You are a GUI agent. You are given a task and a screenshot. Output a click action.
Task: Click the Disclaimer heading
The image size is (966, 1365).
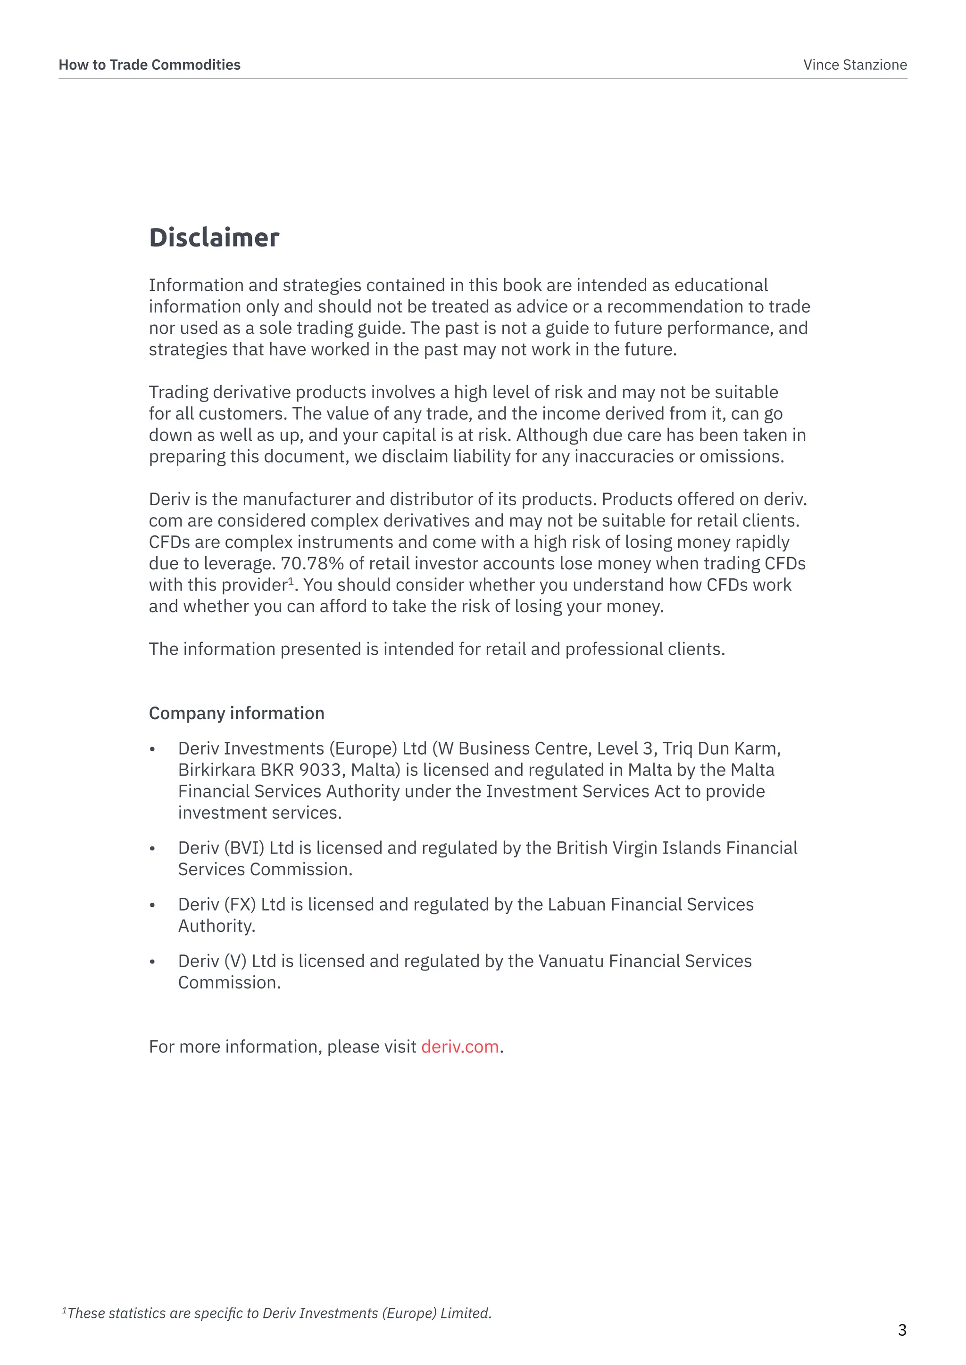(x=214, y=238)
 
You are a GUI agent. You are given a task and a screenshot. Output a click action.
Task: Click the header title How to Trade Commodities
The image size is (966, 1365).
(x=150, y=65)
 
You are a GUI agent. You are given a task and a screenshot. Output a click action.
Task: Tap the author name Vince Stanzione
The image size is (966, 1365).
(x=855, y=65)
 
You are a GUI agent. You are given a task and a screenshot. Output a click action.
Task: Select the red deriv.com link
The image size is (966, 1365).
(x=460, y=1046)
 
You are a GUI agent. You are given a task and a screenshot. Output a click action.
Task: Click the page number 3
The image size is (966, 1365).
(x=902, y=1330)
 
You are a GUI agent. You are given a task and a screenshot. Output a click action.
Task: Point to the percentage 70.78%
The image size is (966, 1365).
(x=312, y=564)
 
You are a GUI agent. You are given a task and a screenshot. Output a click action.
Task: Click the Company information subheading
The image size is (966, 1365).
(x=236, y=714)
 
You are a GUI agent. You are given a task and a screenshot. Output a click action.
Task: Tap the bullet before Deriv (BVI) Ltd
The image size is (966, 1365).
(x=152, y=849)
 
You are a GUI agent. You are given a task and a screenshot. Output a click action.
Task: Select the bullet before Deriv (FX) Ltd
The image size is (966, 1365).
(x=152, y=905)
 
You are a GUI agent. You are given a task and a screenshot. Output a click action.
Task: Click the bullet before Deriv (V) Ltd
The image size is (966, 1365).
(x=152, y=962)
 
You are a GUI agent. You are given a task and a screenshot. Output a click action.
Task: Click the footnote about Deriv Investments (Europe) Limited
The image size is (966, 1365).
(x=277, y=1313)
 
